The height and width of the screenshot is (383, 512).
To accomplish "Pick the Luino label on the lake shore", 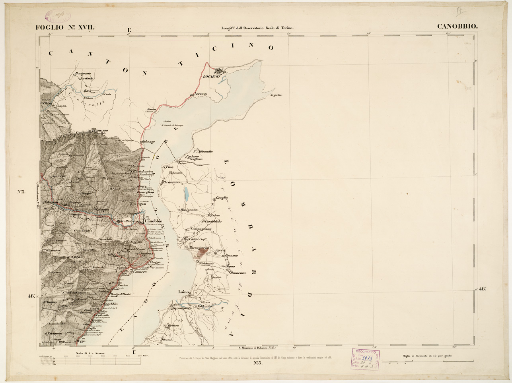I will tap(183, 292).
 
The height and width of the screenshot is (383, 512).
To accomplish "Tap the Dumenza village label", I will tap(237, 273).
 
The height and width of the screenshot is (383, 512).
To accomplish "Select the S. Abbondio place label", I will tap(203, 151).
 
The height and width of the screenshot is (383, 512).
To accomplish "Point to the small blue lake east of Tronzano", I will tap(186, 194).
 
